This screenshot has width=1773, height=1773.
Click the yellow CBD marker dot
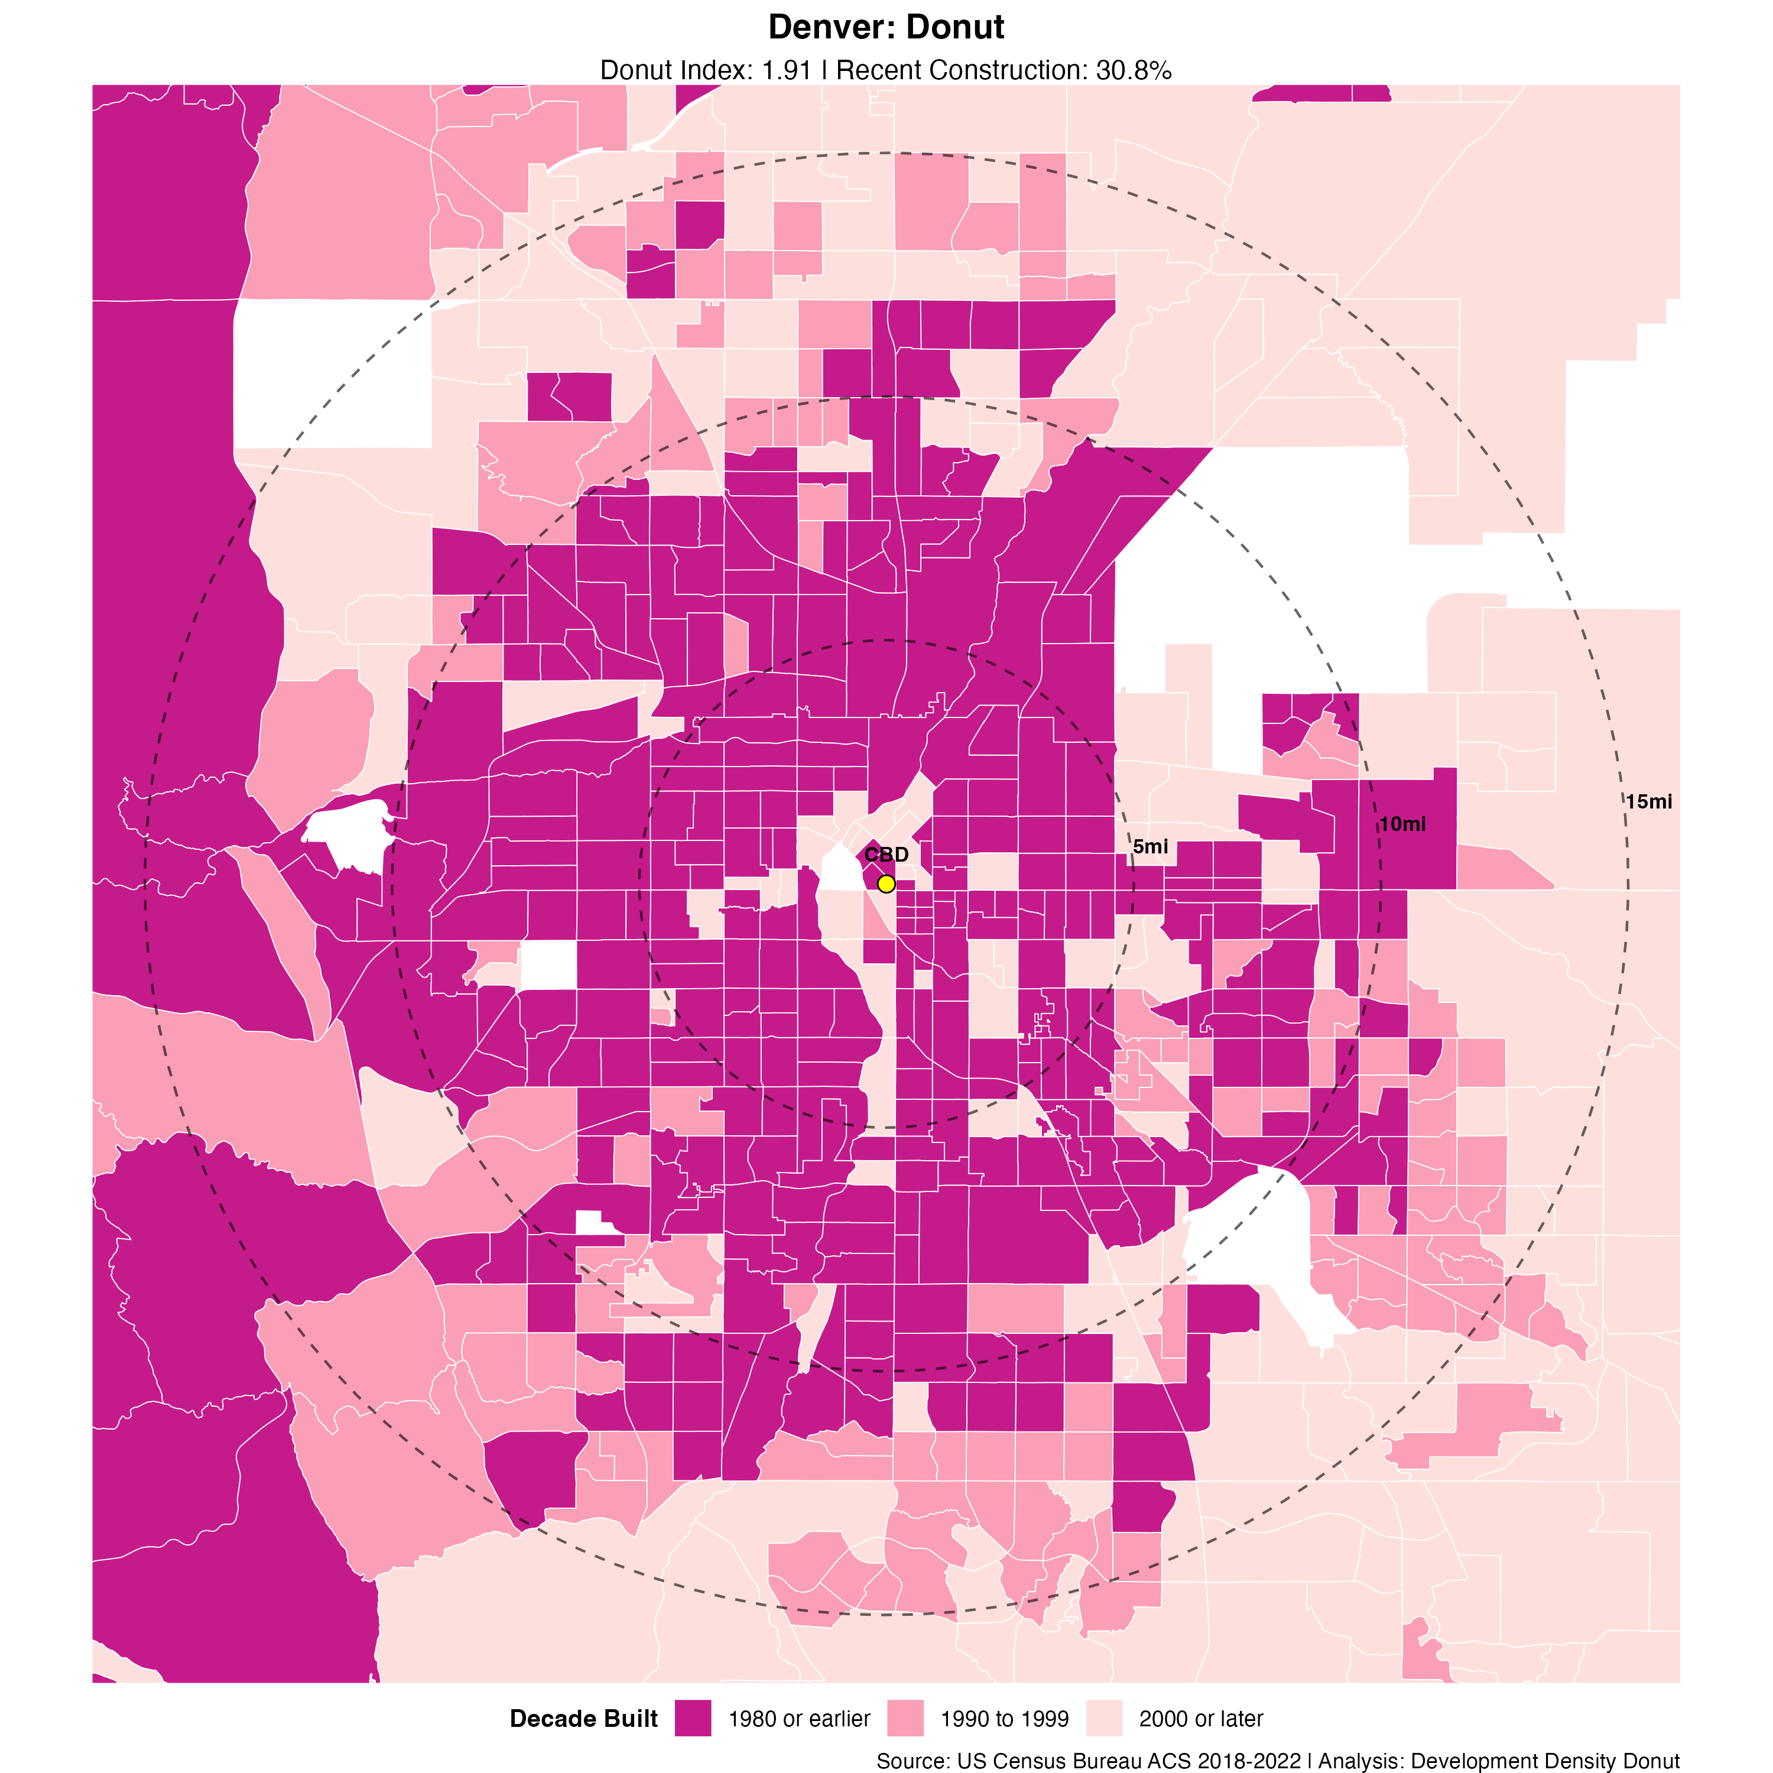(885, 884)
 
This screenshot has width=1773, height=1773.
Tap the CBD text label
(886, 855)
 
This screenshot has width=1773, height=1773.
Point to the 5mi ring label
(1150, 847)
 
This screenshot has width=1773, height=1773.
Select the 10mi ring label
(1402, 824)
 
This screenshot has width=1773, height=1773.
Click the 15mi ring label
(1648, 802)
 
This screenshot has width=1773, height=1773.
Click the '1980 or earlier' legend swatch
(693, 1718)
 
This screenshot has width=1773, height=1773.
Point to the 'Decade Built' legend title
(584, 1719)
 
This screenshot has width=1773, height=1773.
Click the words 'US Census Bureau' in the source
(1037, 1761)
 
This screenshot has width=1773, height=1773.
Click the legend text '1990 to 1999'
(1004, 1719)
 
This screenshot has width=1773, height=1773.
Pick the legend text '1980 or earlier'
(798, 1719)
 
